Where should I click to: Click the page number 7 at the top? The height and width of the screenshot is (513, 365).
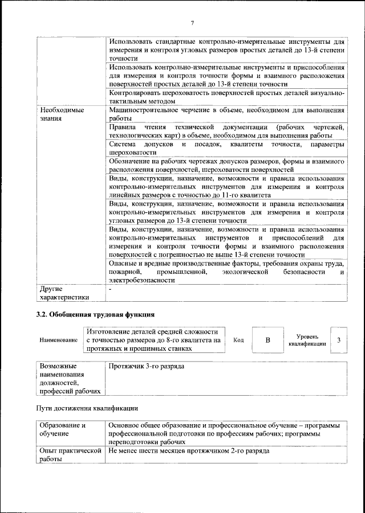coord(193,23)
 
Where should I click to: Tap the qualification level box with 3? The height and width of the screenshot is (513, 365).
coord(339,340)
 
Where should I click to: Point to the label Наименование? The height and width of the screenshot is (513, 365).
coord(58,340)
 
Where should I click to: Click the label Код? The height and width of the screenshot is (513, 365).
coord(239,340)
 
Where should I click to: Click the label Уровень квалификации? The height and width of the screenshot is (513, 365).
coord(307,340)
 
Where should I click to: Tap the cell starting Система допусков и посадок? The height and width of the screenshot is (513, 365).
coord(226,149)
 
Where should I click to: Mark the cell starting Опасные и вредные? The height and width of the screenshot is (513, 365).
coord(226,272)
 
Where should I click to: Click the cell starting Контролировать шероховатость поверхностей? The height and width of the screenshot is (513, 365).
coord(226,97)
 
